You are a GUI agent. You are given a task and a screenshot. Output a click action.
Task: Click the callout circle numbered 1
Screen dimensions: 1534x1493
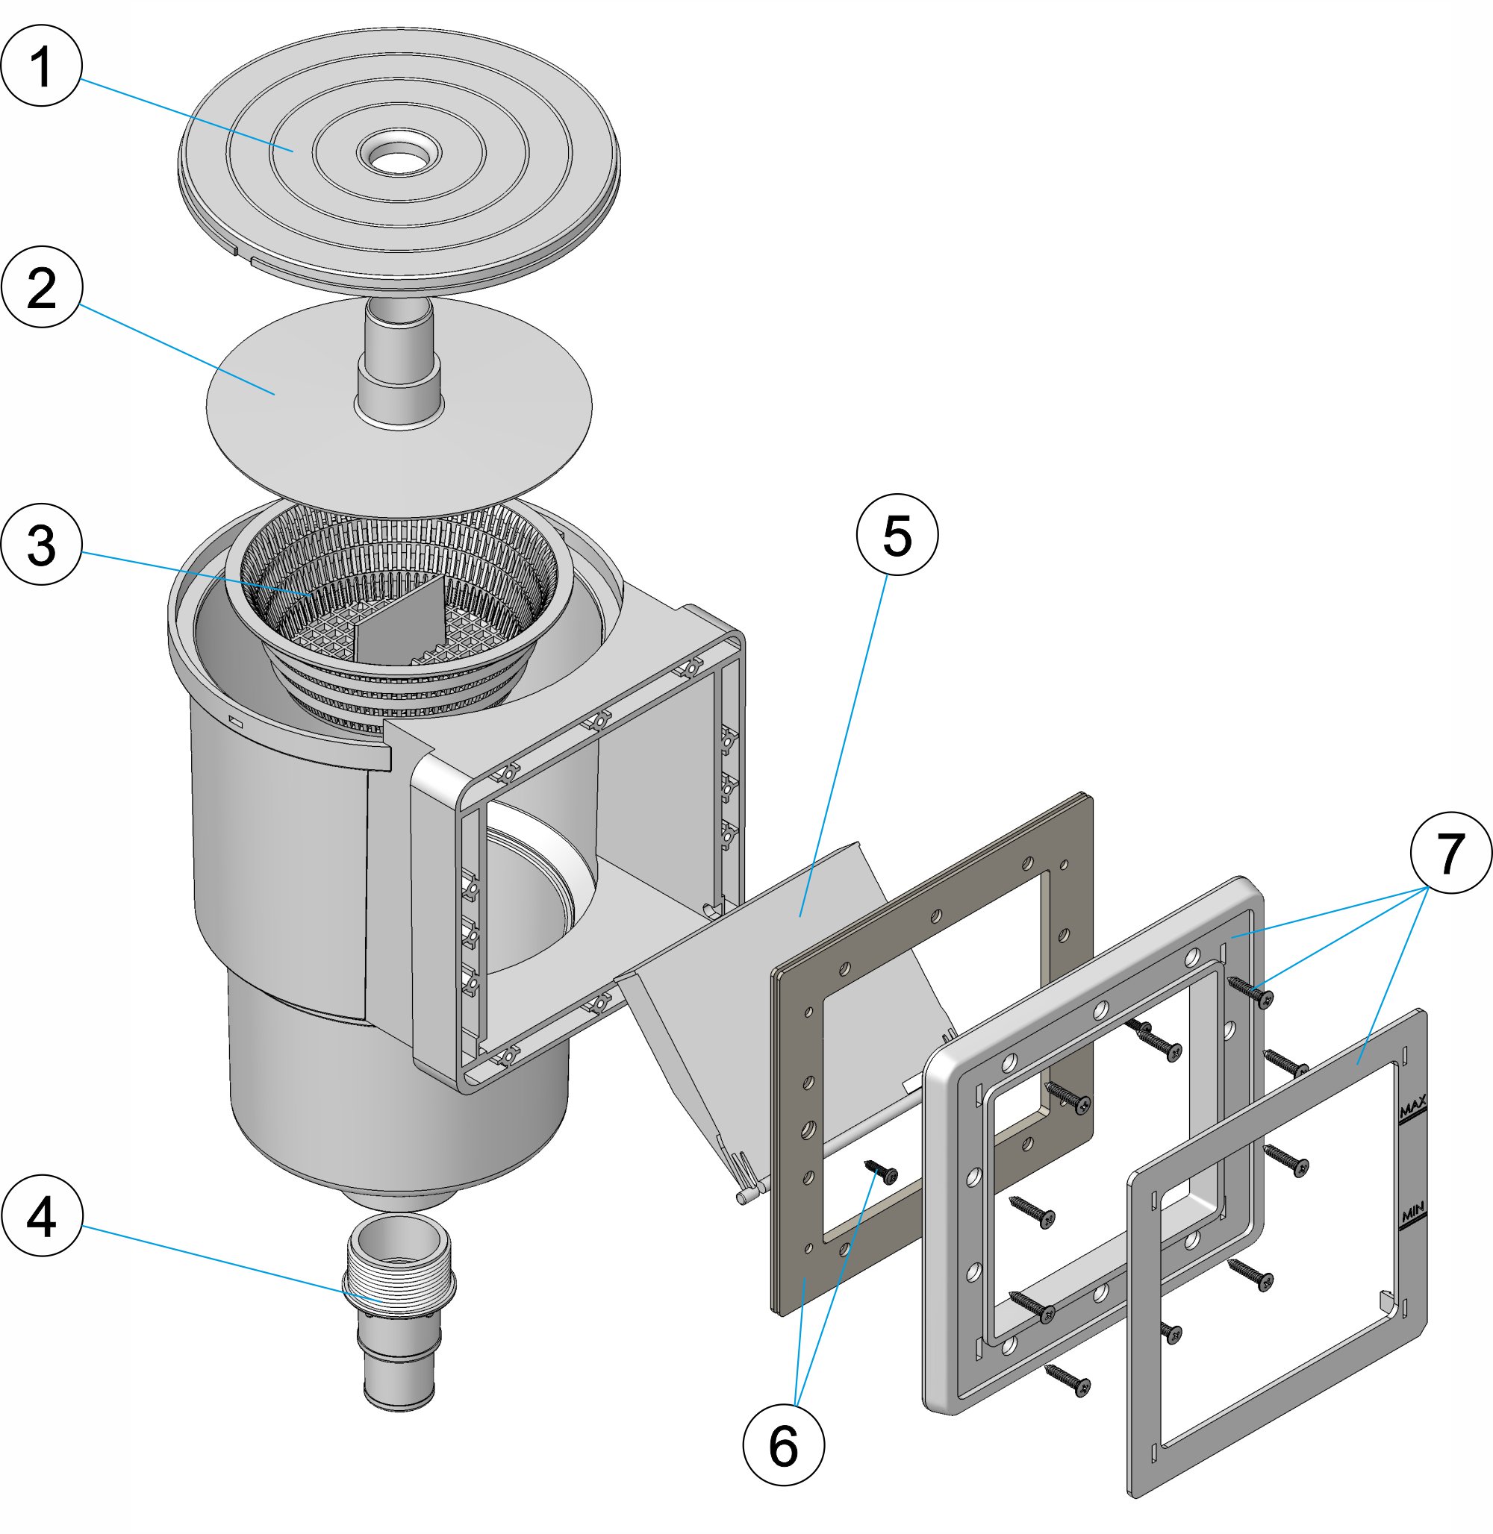tap(42, 66)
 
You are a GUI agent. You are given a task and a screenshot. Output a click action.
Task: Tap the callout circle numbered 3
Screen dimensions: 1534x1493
tap(42, 544)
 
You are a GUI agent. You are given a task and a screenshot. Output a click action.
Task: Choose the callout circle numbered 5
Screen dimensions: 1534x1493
tap(897, 536)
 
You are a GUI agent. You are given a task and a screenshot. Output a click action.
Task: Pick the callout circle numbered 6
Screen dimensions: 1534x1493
tap(783, 1444)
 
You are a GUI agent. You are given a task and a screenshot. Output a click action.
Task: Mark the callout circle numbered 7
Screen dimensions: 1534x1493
tap(1450, 852)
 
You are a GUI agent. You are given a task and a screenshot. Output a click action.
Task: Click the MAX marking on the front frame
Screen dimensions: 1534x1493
tap(1412, 1107)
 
